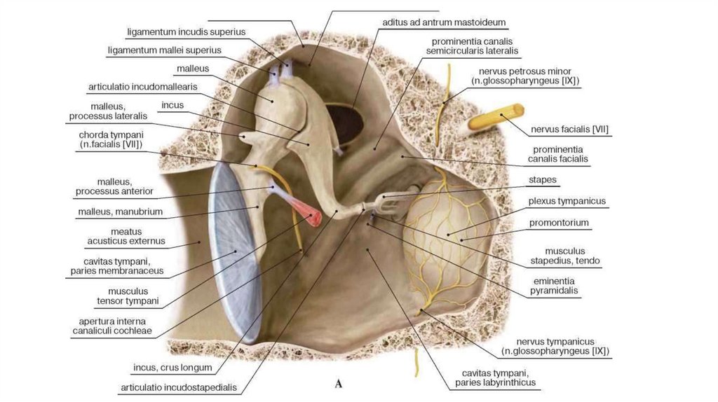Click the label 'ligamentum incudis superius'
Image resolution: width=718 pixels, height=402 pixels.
coord(186,32)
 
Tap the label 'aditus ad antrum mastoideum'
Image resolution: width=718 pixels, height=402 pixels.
coord(444,22)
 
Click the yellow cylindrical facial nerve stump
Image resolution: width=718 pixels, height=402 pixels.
coord(496,116)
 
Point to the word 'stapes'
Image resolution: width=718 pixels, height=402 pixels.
coord(543,180)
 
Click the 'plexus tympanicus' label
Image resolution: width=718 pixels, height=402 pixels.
coord(567,202)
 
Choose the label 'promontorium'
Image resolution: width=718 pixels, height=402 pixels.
coord(560,223)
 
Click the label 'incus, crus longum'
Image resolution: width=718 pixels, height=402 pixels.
coord(172,367)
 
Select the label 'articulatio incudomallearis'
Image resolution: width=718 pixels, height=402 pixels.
coord(142,87)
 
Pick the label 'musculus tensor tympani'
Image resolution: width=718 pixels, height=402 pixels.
coord(133,296)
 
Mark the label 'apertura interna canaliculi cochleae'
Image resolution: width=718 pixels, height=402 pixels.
coord(111,326)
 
